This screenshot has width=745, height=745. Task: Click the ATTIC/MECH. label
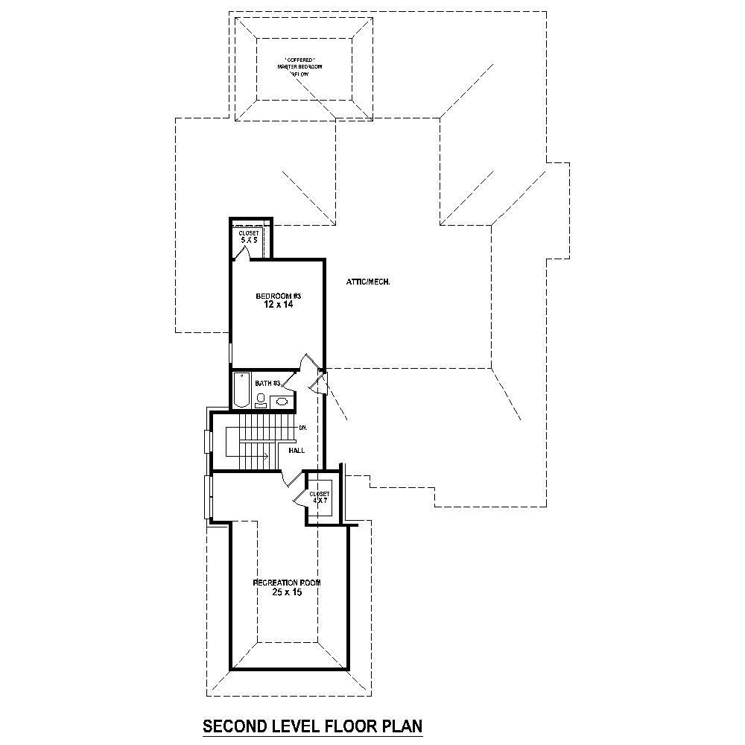coord(369,282)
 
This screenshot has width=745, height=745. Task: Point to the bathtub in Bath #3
coord(241,390)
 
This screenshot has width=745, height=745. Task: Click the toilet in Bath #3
coord(260,401)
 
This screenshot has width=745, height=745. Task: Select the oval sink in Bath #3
coord(282,402)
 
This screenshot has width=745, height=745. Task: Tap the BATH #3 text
coord(267,384)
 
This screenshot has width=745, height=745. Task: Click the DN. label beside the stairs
coord(302,428)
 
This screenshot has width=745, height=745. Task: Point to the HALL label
coord(296,450)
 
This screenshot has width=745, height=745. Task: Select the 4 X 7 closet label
coord(320,497)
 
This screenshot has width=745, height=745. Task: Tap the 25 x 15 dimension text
coord(287,592)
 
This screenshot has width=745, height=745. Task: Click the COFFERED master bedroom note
coord(303,64)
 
